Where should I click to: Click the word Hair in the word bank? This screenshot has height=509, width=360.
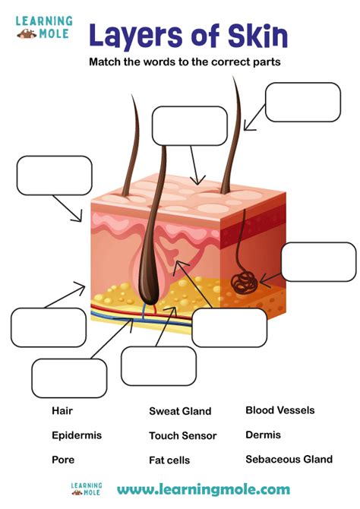[x=62, y=411]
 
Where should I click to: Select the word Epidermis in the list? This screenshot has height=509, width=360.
[x=77, y=435]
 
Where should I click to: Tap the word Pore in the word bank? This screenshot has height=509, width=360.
[x=63, y=460]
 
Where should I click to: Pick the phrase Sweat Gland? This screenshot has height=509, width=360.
[x=180, y=411]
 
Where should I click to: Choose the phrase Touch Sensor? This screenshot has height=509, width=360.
[x=183, y=435]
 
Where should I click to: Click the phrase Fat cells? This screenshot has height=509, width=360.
[x=169, y=460]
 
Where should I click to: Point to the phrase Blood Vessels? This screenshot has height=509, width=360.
[x=280, y=410]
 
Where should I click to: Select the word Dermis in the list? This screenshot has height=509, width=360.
[x=264, y=435]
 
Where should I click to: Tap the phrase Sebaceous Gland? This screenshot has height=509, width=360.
[x=289, y=459]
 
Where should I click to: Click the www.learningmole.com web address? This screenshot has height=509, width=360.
[x=204, y=489]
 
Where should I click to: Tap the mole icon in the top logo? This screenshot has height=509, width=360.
[x=27, y=33]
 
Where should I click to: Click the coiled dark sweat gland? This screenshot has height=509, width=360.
[x=245, y=283]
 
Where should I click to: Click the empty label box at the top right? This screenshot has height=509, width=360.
[x=303, y=103]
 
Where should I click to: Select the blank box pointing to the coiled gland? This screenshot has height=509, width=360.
[x=319, y=261]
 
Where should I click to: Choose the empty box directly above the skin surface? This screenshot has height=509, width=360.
[x=190, y=126]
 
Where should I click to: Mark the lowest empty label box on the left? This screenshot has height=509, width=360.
[x=69, y=378]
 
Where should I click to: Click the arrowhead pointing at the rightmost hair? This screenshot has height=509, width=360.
[x=248, y=126]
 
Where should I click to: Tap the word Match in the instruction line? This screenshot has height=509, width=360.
[x=105, y=62]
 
